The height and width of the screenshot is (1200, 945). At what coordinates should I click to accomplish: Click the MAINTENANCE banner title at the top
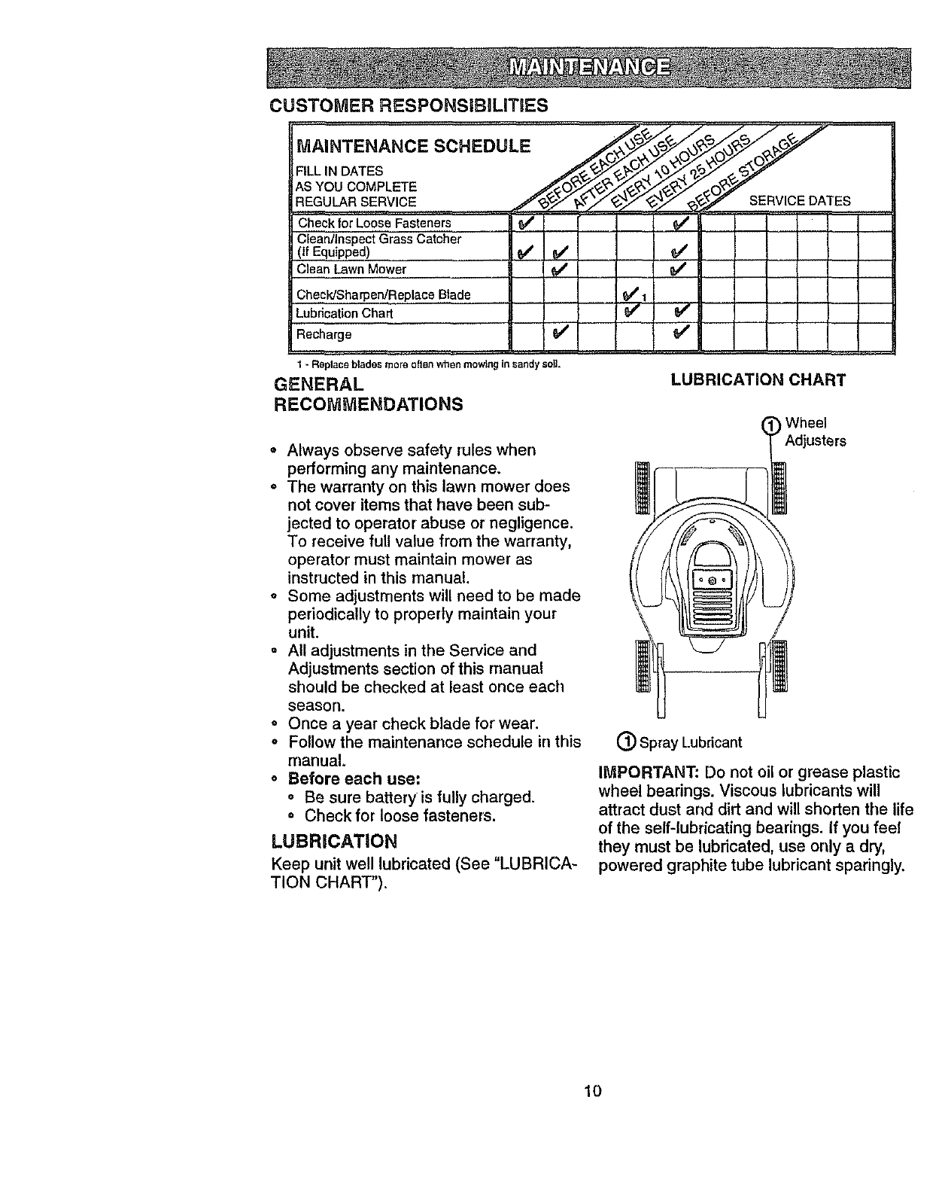pos(591,67)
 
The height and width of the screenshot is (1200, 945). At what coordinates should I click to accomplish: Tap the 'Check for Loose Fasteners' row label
pos(374,223)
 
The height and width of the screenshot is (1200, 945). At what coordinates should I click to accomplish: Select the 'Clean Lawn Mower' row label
pos(351,270)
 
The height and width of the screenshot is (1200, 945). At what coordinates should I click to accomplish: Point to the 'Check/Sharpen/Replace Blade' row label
pos(384,294)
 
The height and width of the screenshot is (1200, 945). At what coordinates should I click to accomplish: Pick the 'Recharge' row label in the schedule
pos(324,334)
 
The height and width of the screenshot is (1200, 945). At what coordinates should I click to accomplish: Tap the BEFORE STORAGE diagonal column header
pos(743,173)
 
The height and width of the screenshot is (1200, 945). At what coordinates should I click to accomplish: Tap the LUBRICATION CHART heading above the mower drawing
pos(758,380)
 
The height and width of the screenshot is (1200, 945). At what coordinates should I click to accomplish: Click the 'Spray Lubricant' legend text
pos(690,743)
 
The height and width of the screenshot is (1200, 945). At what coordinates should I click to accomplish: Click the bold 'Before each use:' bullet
pos(354,778)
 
